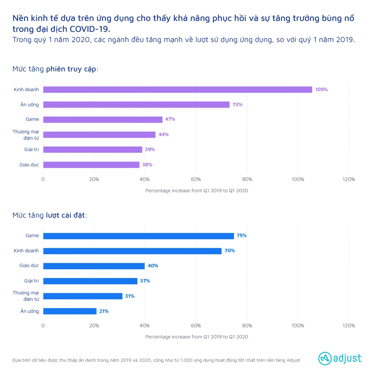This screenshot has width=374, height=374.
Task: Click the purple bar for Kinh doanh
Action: (178, 90)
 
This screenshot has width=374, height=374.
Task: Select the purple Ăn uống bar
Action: (136, 105)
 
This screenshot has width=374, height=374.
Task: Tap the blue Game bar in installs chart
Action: (138, 236)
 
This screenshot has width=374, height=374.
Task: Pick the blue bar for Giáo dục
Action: (94, 266)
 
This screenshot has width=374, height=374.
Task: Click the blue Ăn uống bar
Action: (70, 311)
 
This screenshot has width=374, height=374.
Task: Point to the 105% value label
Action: (321, 90)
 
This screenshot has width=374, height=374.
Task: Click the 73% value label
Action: (237, 105)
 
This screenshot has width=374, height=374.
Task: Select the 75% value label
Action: (242, 236)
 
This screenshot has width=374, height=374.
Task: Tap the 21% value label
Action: (104, 311)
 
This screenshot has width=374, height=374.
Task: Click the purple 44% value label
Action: (163, 135)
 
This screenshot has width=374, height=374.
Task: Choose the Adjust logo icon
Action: (325, 358)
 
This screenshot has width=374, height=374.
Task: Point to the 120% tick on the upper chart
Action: (349, 180)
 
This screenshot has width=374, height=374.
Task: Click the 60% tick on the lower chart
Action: (196, 326)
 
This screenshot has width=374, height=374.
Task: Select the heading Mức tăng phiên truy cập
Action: (55, 69)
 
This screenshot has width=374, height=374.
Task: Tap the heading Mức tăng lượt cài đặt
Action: (50, 215)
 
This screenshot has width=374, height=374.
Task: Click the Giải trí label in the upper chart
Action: (31, 150)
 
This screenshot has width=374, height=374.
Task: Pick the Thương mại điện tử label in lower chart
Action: (26, 296)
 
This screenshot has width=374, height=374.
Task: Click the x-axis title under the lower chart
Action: (196, 337)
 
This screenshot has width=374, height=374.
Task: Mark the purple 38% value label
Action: (147, 165)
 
